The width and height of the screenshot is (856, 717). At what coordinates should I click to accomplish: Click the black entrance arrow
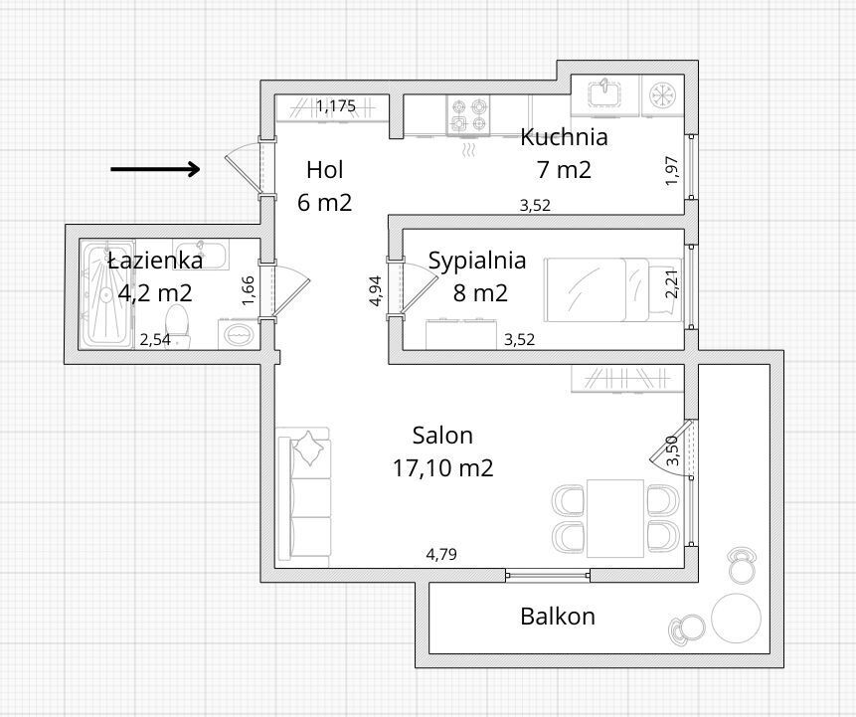(x=155, y=169)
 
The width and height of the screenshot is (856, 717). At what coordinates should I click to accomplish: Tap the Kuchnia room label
(x=564, y=137)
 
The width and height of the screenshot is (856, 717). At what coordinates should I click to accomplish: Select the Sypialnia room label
(x=477, y=261)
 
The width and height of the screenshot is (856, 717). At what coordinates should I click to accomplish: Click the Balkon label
(x=558, y=616)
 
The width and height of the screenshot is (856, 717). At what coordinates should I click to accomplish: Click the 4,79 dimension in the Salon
(x=441, y=554)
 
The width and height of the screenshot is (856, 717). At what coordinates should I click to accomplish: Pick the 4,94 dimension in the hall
(x=376, y=291)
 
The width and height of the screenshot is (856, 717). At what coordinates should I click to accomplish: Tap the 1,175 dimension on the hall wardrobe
(x=336, y=105)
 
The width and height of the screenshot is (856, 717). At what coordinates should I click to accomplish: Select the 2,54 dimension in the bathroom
(x=155, y=340)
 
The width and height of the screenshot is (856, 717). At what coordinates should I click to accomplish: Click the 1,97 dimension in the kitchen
(x=671, y=170)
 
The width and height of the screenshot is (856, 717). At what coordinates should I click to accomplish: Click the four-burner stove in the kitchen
(x=468, y=114)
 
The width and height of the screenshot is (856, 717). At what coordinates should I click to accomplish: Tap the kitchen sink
(x=604, y=93)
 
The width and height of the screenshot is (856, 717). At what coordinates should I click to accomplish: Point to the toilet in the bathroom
(x=176, y=325)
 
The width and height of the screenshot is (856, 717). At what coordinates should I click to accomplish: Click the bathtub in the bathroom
(x=106, y=295)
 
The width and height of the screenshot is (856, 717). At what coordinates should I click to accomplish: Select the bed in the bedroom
(x=612, y=290)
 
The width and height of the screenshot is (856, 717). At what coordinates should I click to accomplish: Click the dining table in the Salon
(x=615, y=518)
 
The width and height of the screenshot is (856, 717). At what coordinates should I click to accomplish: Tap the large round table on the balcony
(x=736, y=619)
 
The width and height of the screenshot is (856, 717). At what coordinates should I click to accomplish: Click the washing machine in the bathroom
(x=238, y=334)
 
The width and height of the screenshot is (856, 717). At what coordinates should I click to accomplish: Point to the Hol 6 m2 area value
(x=325, y=203)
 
